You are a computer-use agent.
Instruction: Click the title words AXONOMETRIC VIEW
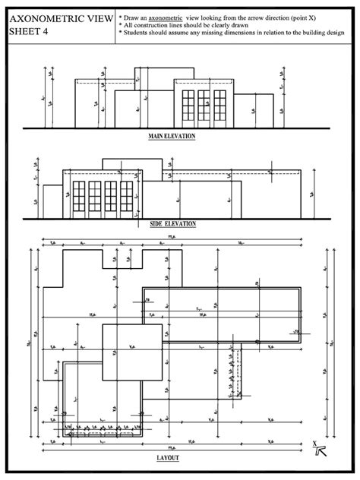point(58,17)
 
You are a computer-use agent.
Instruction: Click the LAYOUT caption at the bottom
point(168,459)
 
